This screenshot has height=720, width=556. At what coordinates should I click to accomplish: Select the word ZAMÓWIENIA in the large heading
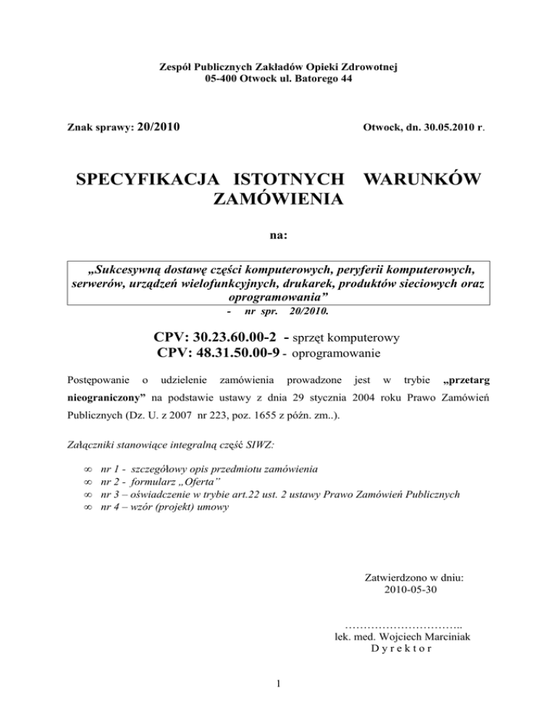(278, 198)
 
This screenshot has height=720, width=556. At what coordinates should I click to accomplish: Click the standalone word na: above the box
(278, 235)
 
